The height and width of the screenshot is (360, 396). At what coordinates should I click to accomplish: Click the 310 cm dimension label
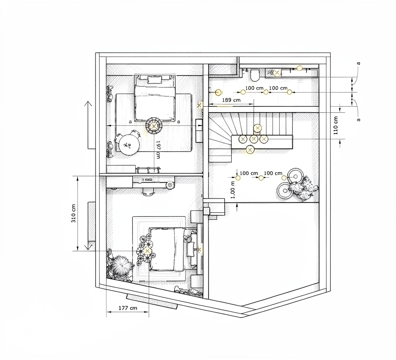(73, 213)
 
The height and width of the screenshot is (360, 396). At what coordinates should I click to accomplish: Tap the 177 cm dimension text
(128, 308)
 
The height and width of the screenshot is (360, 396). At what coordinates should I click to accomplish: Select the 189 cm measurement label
(231, 100)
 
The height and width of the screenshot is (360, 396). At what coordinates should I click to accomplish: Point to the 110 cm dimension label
(336, 125)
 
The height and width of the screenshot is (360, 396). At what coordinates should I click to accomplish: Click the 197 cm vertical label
(158, 150)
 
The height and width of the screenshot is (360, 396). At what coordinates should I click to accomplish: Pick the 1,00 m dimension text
(233, 189)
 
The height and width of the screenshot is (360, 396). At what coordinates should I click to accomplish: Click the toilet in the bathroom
(255, 75)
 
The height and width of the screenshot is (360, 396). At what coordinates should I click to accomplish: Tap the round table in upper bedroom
(129, 145)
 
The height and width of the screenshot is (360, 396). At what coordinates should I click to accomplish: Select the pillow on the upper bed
(154, 80)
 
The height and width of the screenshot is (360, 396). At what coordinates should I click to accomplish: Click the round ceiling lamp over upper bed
(154, 126)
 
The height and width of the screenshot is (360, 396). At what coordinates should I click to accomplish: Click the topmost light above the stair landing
(257, 128)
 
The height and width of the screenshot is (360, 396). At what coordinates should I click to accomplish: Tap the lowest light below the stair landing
(250, 150)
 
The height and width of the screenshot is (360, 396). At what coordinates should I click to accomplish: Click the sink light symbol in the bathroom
(277, 73)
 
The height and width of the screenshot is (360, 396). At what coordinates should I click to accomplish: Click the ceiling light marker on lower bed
(147, 251)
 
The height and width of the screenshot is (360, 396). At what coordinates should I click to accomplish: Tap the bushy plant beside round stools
(303, 188)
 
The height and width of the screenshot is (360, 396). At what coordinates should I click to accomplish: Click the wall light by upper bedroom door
(200, 105)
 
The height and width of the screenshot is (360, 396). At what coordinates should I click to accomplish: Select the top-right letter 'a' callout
(358, 63)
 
